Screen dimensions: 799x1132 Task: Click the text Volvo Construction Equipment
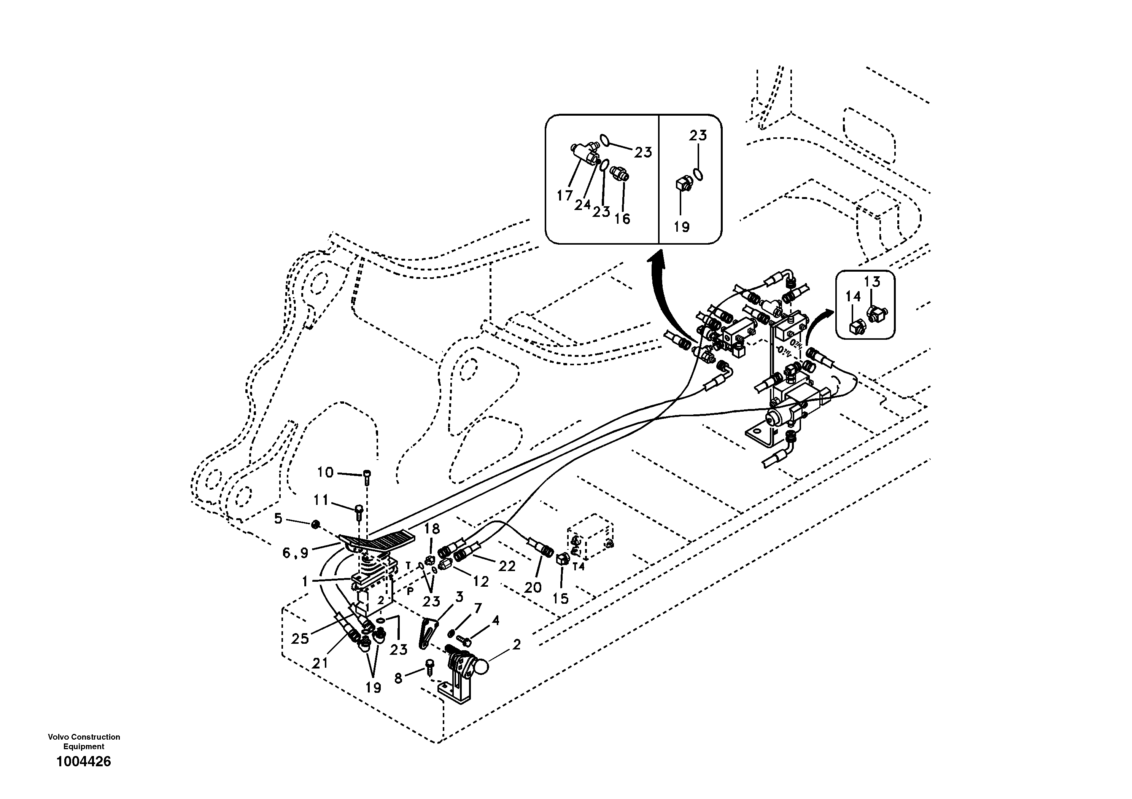pyautogui.click(x=84, y=741)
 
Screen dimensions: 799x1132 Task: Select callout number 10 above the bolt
pyautogui.click(x=325, y=473)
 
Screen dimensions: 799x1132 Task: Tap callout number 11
pyautogui.click(x=321, y=501)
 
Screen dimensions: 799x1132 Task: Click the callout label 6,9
pyautogui.click(x=295, y=553)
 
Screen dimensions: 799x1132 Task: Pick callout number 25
pyautogui.click(x=300, y=639)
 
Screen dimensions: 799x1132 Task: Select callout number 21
pyautogui.click(x=320, y=664)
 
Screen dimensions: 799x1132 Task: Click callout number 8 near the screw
pyautogui.click(x=398, y=678)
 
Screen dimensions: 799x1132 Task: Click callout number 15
pyautogui.click(x=561, y=598)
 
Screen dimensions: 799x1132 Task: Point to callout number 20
pyautogui.click(x=533, y=587)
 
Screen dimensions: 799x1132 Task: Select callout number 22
pyautogui.click(x=506, y=566)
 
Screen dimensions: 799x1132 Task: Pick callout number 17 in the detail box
pyautogui.click(x=564, y=196)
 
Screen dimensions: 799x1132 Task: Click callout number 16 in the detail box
pyautogui.click(x=622, y=218)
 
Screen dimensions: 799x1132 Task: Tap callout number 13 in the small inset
pyautogui.click(x=872, y=282)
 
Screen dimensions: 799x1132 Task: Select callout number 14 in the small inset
pyautogui.click(x=853, y=296)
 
